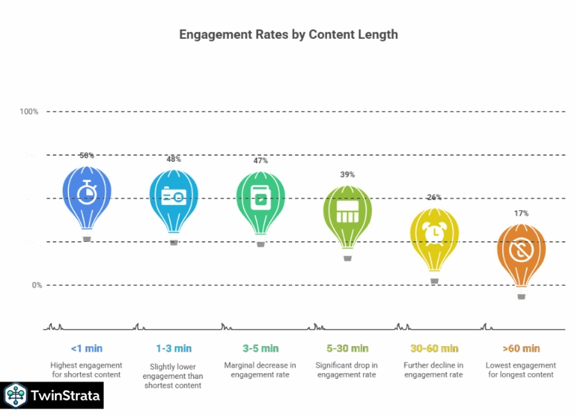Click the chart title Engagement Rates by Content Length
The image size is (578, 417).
(x=289, y=34)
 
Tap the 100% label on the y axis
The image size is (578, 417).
(x=29, y=111)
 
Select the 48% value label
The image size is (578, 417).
(x=173, y=159)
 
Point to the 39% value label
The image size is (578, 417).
(x=347, y=174)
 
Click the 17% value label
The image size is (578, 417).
(x=521, y=213)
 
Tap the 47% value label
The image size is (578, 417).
(x=260, y=161)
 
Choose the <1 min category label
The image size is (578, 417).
(x=86, y=348)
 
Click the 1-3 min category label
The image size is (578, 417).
(x=173, y=348)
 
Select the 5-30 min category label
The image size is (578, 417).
(x=347, y=348)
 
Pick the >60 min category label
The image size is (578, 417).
(x=521, y=348)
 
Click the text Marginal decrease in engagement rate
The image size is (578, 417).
(x=260, y=370)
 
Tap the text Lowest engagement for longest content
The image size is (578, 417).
(x=521, y=370)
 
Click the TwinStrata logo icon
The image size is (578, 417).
(x=15, y=396)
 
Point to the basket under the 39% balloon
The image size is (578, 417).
(x=348, y=258)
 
